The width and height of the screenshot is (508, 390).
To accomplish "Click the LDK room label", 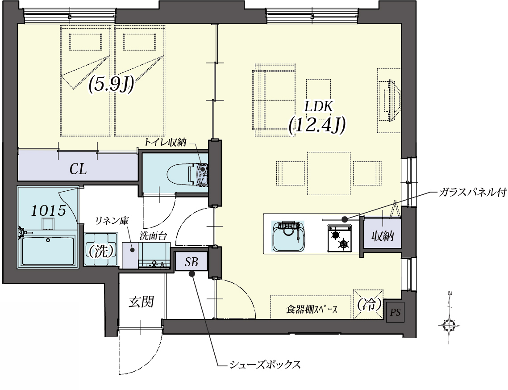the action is [319, 106].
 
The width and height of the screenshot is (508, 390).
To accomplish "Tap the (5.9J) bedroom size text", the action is [111, 85].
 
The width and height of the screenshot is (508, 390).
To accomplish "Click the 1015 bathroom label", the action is [48, 211].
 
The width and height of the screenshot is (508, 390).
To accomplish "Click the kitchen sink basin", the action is [288, 236].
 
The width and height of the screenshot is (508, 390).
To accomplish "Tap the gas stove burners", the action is [340, 238].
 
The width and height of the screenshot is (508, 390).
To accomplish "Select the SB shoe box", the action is [192, 262].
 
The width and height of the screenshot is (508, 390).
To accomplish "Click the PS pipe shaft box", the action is [395, 312].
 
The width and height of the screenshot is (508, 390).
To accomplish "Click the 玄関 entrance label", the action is [141, 302].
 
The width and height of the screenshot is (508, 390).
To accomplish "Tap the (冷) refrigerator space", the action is [369, 304].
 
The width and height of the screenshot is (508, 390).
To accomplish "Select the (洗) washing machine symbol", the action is [101, 250].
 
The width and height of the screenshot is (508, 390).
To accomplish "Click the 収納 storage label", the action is [383, 236].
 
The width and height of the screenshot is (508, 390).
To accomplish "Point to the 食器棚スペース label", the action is [312, 309].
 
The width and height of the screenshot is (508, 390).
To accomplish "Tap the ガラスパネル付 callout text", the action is [473, 192].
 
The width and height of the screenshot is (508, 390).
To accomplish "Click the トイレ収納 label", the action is [165, 143].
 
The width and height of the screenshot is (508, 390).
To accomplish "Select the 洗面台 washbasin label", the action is [153, 235].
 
